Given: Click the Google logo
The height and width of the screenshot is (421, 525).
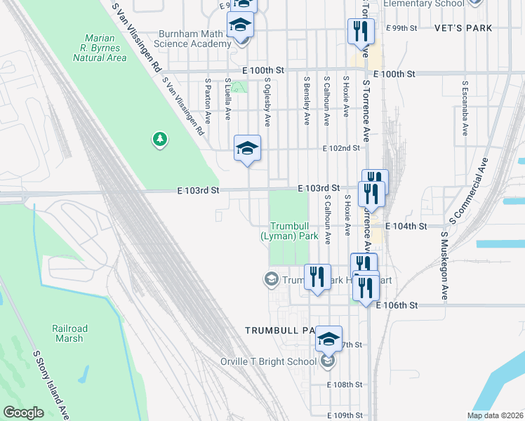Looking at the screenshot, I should point(25,413).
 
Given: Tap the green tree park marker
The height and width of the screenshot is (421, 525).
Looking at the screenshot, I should point(160,140).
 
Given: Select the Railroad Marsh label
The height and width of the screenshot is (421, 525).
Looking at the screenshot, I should point(70,333).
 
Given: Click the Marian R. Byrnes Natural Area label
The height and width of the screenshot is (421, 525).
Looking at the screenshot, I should point(100,48).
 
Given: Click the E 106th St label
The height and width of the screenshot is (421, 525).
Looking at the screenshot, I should point(397,306).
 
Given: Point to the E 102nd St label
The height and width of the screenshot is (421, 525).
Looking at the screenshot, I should point(341,149).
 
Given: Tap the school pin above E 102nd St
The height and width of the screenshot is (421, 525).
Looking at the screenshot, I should point(247,148).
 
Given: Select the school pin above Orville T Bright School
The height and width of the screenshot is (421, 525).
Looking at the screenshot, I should point(328,339).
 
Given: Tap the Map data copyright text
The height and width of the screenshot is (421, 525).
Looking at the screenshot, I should point(494,415).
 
